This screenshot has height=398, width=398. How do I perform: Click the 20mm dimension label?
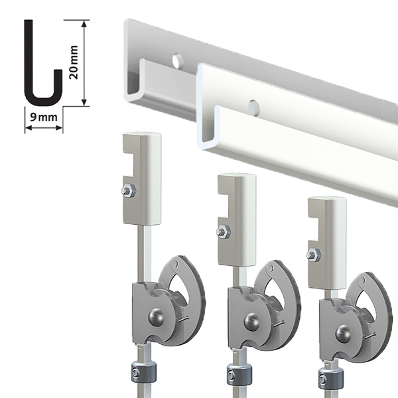[x=74, y=62]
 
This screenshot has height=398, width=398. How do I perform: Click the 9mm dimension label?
[x=43, y=117]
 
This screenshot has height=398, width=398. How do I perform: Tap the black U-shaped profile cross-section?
[x=43, y=63]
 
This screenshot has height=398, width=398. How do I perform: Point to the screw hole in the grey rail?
[x=178, y=61]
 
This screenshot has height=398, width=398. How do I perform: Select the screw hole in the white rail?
[x=254, y=107]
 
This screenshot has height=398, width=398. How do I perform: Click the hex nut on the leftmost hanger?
[x=129, y=191]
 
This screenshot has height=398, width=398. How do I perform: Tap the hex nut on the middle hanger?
[x=224, y=232]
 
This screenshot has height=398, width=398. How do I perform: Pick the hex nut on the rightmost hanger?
[x=314, y=255]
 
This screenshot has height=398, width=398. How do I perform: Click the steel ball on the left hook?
[x=157, y=316]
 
